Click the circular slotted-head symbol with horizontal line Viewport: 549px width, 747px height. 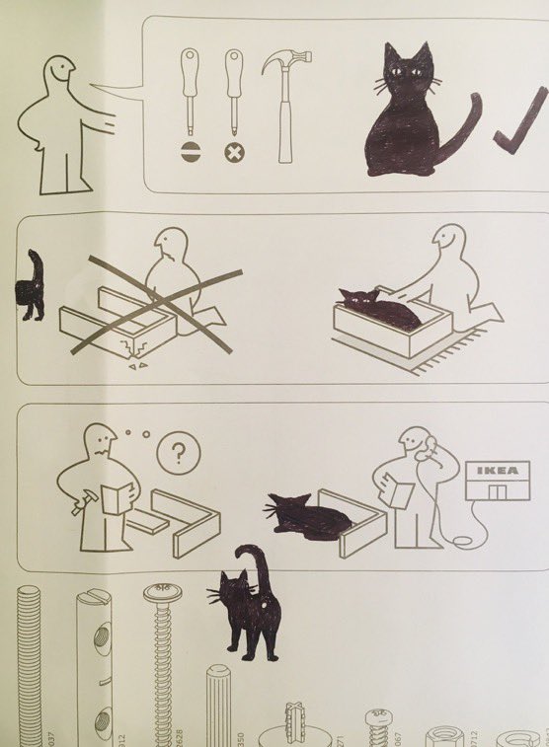(x=190, y=153)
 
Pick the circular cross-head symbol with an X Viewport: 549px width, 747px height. (x=234, y=153)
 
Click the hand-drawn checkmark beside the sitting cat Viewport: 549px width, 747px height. (x=520, y=123)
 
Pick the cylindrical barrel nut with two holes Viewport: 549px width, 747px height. (x=95, y=661)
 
